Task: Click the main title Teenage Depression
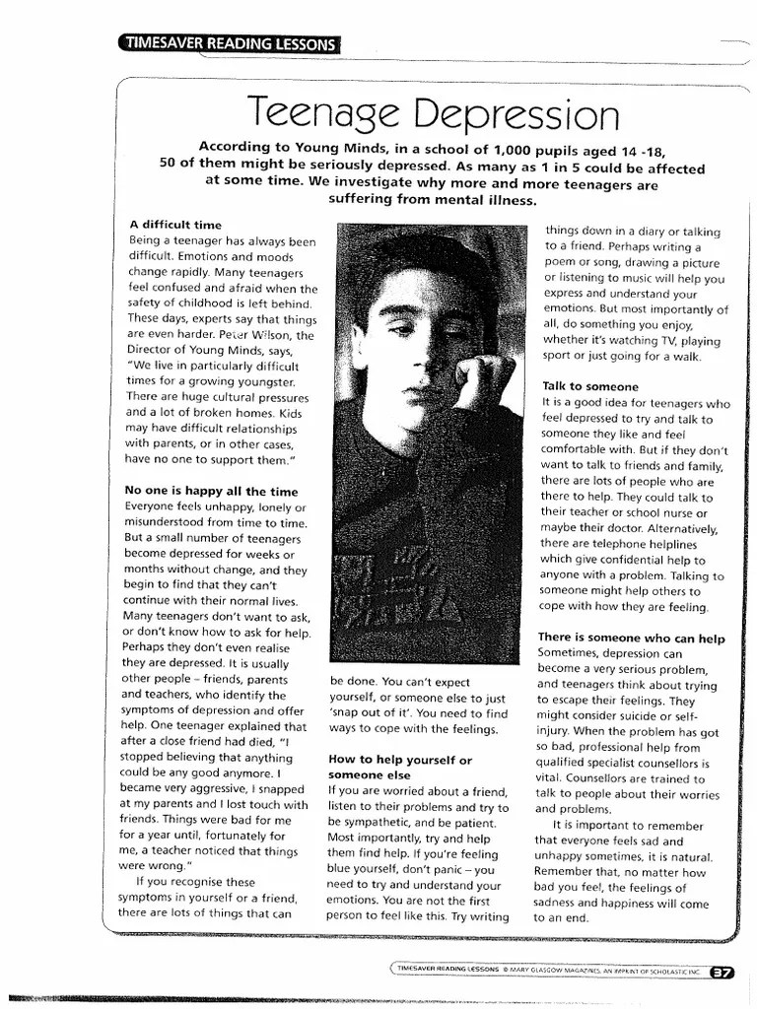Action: pyautogui.click(x=433, y=115)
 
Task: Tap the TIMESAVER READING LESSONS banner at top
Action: pyautogui.click(x=228, y=42)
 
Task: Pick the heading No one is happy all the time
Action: pyautogui.click(x=210, y=490)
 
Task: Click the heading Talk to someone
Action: pyautogui.click(x=589, y=386)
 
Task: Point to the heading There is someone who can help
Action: pyautogui.click(x=631, y=638)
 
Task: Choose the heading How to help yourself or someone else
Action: pyautogui.click(x=399, y=768)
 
